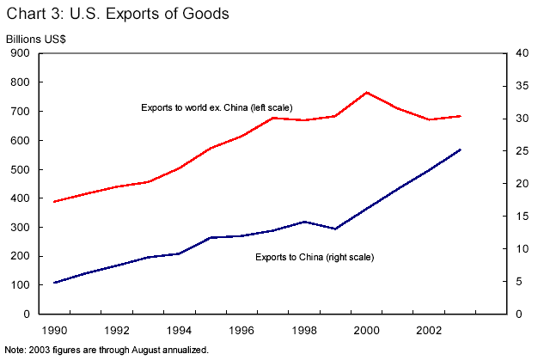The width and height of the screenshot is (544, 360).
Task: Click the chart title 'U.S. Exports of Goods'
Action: pyautogui.click(x=119, y=15)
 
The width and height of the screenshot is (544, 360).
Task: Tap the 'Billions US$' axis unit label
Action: pyautogui.click(x=37, y=40)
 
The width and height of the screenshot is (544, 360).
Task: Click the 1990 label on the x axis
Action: pyautogui.click(x=55, y=330)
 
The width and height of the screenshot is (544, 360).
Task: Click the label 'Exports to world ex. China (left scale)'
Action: pyautogui.click(x=217, y=107)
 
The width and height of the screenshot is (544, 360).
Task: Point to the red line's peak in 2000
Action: pyautogui.click(x=367, y=92)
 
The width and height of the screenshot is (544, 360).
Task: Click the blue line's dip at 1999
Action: pyautogui.click(x=334, y=229)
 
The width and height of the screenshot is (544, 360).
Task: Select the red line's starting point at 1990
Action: pyautogui.click(x=55, y=201)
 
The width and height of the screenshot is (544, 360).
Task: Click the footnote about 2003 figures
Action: pyautogui.click(x=107, y=350)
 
